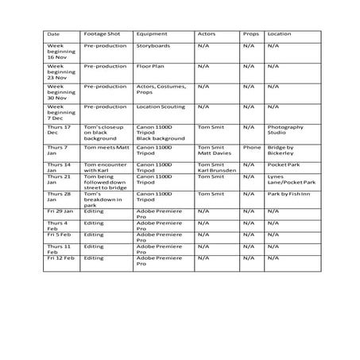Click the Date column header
(54, 35)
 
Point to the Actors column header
(206, 35)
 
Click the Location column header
(279, 35)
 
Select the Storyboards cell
(154, 47)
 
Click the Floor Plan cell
(151, 67)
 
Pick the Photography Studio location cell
(286, 129)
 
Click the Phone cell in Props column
(252, 147)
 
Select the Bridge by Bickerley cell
(286, 150)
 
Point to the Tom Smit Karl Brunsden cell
(214, 167)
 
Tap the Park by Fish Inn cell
(291, 194)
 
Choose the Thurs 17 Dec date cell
(60, 129)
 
